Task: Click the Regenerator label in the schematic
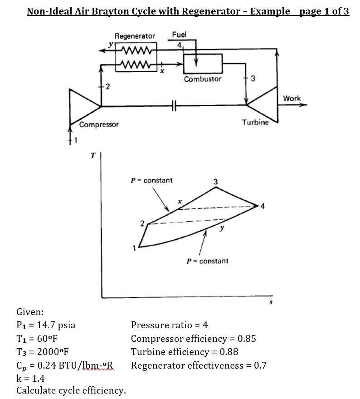click(x=135, y=36)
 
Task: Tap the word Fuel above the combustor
click(x=179, y=34)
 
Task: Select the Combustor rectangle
click(x=203, y=64)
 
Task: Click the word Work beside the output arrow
click(x=292, y=98)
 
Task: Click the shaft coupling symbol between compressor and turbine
click(x=174, y=106)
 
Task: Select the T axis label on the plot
click(x=93, y=156)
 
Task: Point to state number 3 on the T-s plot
click(x=215, y=182)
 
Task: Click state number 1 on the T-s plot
click(x=134, y=248)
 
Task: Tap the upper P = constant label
click(x=151, y=180)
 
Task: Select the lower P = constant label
click(x=208, y=261)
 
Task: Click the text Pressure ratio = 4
click(x=169, y=325)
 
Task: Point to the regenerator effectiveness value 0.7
click(x=260, y=365)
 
